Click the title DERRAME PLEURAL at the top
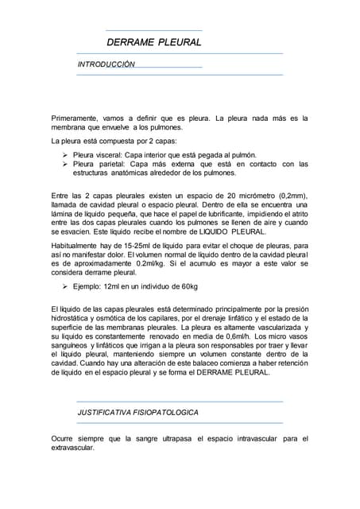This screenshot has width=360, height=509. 154,42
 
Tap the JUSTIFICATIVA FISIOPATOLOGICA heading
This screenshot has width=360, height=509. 137,413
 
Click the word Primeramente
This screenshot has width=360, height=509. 77,119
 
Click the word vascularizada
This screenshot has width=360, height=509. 273,327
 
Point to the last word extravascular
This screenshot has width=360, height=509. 72,447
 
